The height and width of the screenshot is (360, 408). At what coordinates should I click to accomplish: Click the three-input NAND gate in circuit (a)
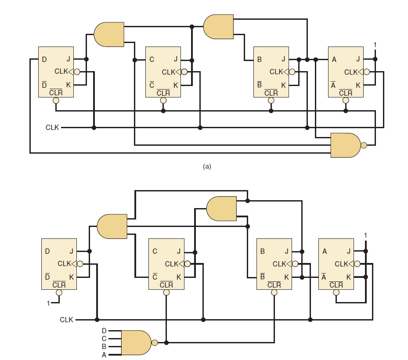[345, 145]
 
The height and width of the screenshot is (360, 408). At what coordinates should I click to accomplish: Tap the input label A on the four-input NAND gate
[104, 355]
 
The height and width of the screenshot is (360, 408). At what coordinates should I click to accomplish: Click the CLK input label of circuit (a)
[52, 128]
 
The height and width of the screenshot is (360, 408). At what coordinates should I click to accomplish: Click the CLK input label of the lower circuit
[66, 320]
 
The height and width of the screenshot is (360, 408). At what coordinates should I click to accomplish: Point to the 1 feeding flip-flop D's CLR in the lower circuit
[48, 303]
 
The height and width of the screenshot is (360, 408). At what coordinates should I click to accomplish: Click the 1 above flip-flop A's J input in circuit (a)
[375, 45]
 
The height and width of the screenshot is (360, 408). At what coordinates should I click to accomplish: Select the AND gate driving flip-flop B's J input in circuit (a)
[218, 27]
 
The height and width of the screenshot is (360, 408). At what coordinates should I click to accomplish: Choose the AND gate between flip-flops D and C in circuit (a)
[109, 34]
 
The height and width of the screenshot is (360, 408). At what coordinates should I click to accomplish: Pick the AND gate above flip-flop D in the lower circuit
[112, 226]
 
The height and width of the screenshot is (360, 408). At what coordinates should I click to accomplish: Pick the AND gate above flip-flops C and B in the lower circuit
[221, 209]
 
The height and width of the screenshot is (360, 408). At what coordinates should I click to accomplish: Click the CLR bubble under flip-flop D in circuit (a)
[56, 101]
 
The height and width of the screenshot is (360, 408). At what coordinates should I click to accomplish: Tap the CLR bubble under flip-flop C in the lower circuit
[166, 292]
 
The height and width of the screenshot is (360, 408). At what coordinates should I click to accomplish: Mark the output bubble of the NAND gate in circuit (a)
[363, 145]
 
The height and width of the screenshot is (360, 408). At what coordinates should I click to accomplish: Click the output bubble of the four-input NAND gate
[154, 342]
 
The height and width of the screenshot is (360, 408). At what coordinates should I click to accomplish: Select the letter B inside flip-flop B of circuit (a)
[259, 60]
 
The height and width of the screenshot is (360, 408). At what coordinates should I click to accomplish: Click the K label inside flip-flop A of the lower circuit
[348, 277]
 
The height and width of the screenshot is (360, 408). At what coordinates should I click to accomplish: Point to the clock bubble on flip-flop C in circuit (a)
[184, 72]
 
